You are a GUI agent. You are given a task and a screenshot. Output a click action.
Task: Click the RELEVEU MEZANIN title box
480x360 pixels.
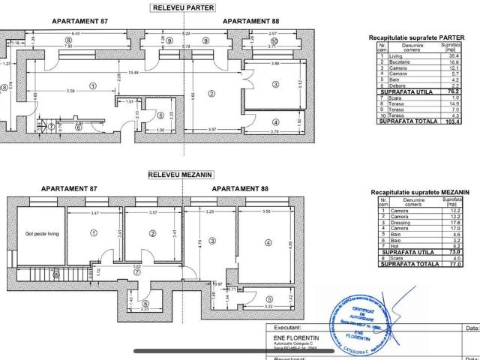pos(181,175)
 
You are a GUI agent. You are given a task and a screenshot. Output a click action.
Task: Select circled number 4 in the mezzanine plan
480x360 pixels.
pos(268,242)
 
